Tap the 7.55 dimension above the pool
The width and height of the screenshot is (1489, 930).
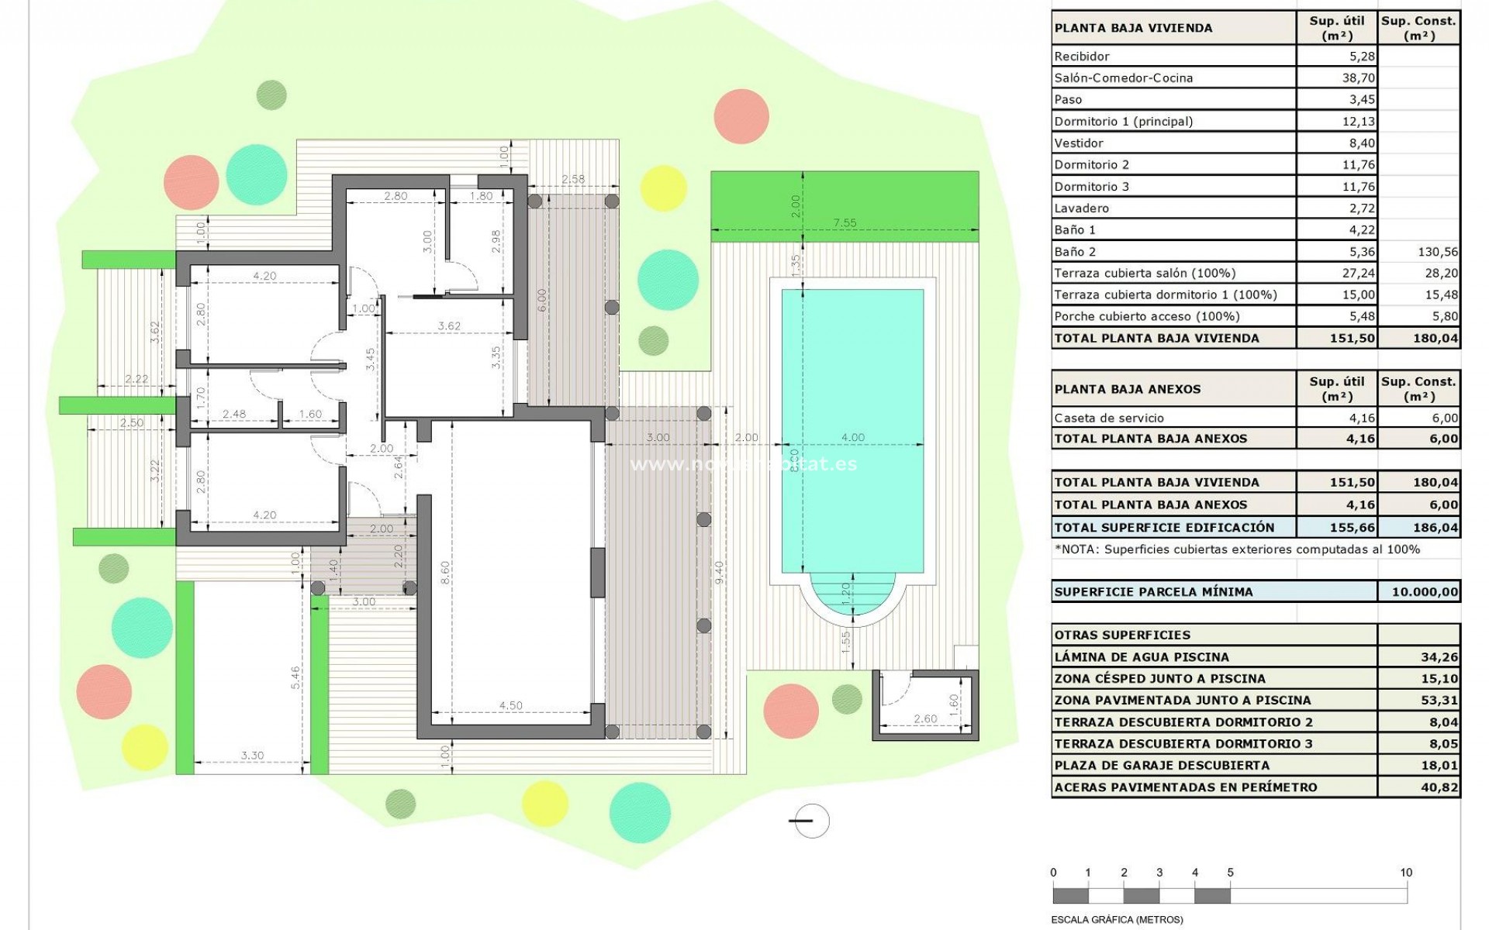pyautogui.click(x=845, y=222)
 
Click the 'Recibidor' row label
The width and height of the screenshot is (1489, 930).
pyautogui.click(x=1081, y=56)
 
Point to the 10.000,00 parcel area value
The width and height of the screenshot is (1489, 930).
pyautogui.click(x=1424, y=591)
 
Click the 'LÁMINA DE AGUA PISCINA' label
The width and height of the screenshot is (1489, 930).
pyautogui.click(x=1142, y=656)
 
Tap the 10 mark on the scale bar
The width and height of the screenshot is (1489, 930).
pyautogui.click(x=1406, y=873)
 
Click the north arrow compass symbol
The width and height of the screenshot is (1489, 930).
pyautogui.click(x=810, y=821)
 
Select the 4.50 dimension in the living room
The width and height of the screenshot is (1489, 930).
pyautogui.click(x=510, y=705)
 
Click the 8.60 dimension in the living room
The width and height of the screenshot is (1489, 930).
pyautogui.click(x=444, y=573)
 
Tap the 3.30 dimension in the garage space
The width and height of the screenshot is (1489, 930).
pyautogui.click(x=252, y=755)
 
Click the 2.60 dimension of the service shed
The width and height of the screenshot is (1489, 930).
pyautogui.click(x=924, y=718)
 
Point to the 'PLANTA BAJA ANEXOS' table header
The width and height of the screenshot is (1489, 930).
pyautogui.click(x=1127, y=389)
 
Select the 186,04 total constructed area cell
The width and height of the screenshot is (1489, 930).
pyautogui.click(x=1435, y=527)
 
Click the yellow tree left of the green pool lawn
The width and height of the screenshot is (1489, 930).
pyautogui.click(x=663, y=188)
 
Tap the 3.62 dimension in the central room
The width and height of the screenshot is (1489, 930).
pyautogui.click(x=449, y=325)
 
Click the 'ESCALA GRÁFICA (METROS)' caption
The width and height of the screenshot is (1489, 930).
pyautogui.click(x=1117, y=920)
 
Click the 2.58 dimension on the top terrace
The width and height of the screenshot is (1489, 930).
pyautogui.click(x=573, y=179)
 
